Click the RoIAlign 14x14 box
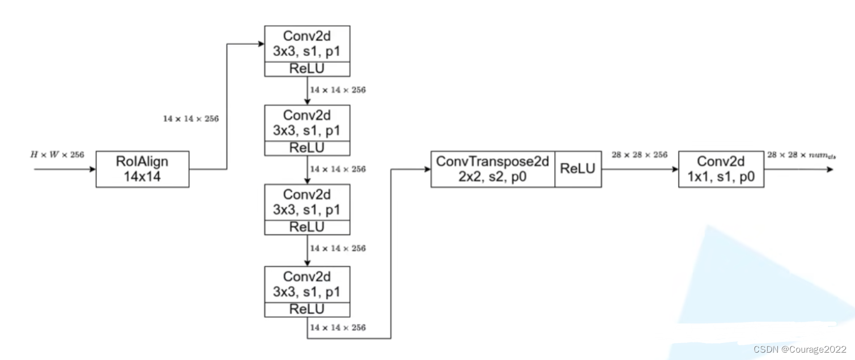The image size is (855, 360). pos(142,169)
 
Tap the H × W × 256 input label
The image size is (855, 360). pos(57,154)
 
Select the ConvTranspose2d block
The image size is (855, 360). pos(493,169)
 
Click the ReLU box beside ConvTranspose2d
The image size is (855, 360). pos(578,169)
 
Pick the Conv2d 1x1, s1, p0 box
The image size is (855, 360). pos(721,169)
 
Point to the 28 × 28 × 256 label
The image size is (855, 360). pos(639,154)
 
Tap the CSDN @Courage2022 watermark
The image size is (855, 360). pos(800,349)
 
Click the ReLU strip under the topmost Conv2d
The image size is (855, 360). pos(307,69)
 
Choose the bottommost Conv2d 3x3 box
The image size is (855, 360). pos(307,284)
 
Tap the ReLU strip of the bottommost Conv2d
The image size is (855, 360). pos(307,309)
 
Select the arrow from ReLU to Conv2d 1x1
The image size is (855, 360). pos(639,169)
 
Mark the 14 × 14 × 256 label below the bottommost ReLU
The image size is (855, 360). pos(338,327)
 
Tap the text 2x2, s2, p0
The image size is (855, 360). pos(493,177)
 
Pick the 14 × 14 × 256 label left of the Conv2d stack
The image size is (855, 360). pos(191,119)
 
